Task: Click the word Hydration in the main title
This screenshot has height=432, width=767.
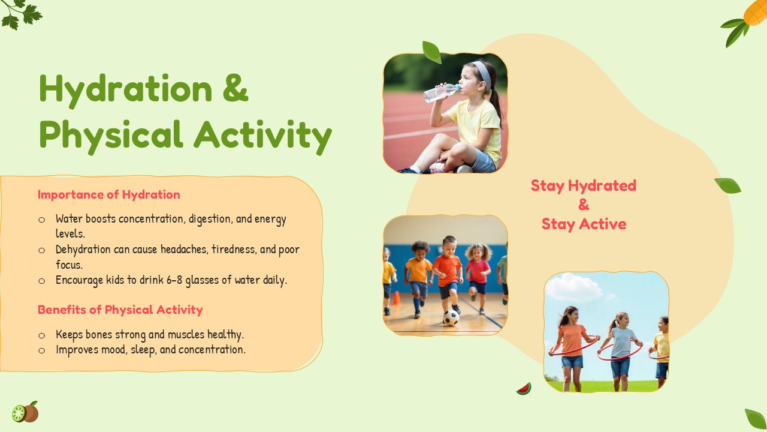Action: pos(126,90)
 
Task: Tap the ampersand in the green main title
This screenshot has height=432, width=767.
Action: pos(235,88)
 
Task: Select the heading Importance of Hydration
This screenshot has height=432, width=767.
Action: pos(109,195)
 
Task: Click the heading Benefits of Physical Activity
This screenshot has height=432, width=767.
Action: pos(120,310)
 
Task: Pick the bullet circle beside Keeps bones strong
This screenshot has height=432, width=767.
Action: pos(42,335)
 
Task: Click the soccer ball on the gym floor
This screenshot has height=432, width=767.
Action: pos(451,318)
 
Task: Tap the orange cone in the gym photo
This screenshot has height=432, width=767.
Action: pos(396,298)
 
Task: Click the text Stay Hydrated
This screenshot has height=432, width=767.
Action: pos(584,185)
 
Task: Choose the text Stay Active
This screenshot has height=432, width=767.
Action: pos(584,224)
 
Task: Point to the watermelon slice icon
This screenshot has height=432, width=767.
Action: pos(524,389)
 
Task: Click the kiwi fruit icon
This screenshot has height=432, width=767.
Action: pos(25,412)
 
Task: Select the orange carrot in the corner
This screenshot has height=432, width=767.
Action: pos(756,11)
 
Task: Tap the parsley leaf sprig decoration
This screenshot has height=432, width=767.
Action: pos(21,14)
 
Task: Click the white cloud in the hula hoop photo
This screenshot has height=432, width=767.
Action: pos(573,287)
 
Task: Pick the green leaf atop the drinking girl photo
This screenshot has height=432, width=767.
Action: pos(431,52)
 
